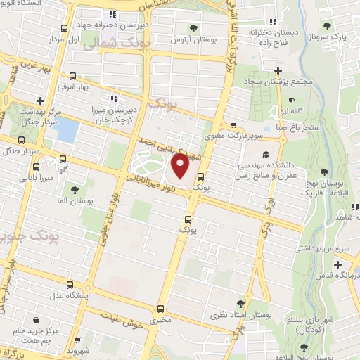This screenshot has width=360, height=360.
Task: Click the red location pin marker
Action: coord(180,167)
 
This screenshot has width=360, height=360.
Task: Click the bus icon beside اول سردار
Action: coord(65,28)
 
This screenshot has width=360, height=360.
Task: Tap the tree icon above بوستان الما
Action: coord(74,189)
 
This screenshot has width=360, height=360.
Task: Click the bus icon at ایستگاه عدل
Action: coord(69,285)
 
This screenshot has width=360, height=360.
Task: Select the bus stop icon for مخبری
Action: coord(161,309)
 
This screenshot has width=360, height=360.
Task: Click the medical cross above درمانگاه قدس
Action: coord(338,264)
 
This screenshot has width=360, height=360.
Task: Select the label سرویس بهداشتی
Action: coord(317,247)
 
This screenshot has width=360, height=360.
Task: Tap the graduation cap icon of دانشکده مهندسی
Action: coord(265,155)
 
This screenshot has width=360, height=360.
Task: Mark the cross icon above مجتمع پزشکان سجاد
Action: coord(279,70)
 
